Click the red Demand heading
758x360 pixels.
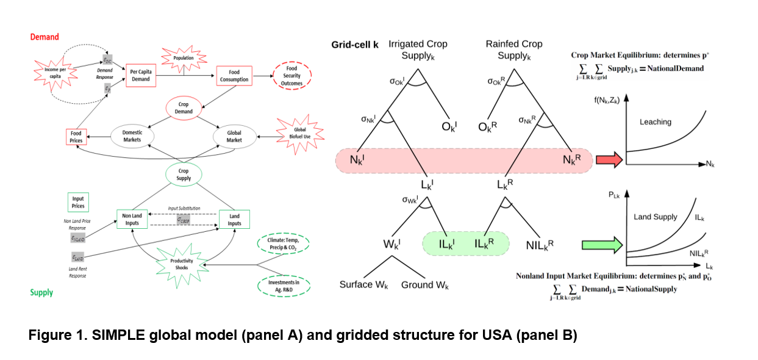click(45, 37)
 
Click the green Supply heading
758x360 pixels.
click(41, 292)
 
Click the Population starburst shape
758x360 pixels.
click(183, 58)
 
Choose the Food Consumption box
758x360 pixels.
click(234, 76)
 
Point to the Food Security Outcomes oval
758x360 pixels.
click(291, 76)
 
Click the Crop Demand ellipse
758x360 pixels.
click(184, 108)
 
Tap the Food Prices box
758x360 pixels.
click(76, 137)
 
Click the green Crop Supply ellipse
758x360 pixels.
click(184, 175)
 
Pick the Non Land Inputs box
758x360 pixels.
click(133, 219)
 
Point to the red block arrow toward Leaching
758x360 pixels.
click(608, 160)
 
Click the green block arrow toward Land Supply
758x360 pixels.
click(608, 245)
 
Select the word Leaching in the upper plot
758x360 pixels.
click(655, 122)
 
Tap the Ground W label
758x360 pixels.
click(425, 285)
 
